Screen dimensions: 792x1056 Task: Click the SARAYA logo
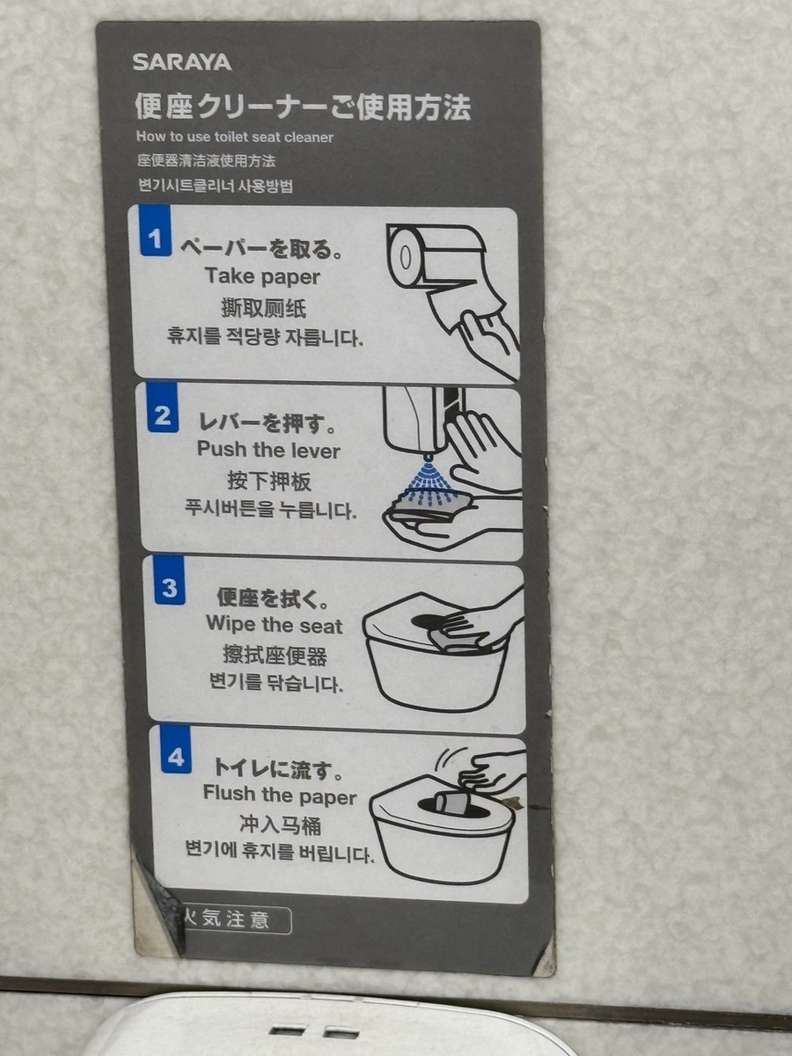[x=182, y=62]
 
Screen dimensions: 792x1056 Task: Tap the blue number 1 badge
[x=155, y=231]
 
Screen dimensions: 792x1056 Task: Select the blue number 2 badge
[x=163, y=408]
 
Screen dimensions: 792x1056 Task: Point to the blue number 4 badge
[x=175, y=751]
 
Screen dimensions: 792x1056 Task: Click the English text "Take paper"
[x=263, y=276]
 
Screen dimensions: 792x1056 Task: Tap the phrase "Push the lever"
[x=268, y=450]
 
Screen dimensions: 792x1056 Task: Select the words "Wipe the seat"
[x=275, y=625]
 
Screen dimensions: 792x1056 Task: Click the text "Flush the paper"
[x=279, y=794]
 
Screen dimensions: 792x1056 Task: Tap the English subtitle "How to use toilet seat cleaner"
[x=235, y=137]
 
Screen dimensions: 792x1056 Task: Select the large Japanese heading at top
[x=302, y=106]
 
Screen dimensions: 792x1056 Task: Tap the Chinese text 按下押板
[x=270, y=481]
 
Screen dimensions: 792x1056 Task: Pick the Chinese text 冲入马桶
[x=281, y=825]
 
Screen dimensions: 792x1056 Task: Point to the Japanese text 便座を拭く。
[x=273, y=598]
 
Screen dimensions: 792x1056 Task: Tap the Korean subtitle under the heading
[x=215, y=186]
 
